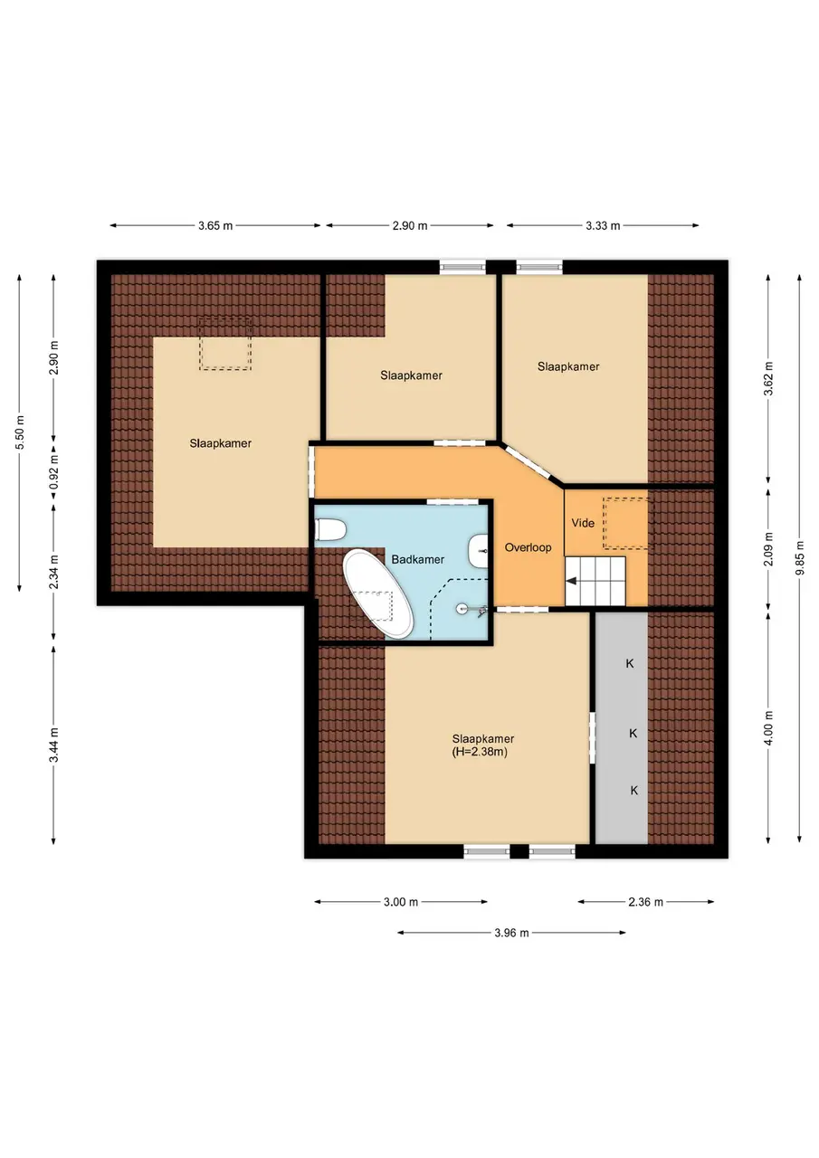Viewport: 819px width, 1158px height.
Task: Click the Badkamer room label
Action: tap(418, 559)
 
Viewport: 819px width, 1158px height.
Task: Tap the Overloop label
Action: tap(528, 547)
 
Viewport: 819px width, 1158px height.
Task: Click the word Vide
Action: tap(583, 523)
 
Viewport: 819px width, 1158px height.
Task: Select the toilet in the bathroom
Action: tap(330, 531)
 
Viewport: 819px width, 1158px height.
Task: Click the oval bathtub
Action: tap(379, 594)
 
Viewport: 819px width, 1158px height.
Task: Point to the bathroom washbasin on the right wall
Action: tap(478, 551)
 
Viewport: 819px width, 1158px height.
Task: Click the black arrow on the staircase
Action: tap(572, 581)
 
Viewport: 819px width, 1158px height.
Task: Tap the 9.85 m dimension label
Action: tap(800, 558)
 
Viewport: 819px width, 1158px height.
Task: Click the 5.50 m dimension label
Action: tap(20, 432)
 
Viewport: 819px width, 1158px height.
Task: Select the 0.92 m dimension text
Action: tap(53, 471)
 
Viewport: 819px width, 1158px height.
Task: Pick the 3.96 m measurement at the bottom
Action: tap(511, 933)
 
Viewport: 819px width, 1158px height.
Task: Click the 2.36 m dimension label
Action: tap(645, 902)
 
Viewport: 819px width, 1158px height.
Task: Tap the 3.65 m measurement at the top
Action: tap(215, 226)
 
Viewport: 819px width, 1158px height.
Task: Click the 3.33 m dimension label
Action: tap(603, 226)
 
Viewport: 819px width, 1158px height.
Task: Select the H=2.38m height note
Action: tap(480, 752)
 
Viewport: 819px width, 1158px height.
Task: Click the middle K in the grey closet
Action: tap(633, 733)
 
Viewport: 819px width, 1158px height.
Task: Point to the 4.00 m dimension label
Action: tap(768, 728)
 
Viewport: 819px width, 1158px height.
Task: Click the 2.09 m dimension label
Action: tap(768, 549)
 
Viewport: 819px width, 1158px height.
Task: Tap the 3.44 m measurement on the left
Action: tap(53, 745)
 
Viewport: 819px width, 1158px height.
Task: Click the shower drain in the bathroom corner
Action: tap(462, 609)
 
